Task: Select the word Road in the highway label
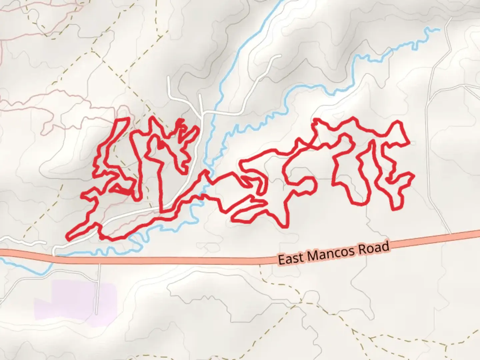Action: pyautogui.click(x=374, y=248)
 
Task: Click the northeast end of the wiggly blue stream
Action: pyautogui.click(x=439, y=29)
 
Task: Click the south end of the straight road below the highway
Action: pyautogui.click(x=97, y=313)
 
